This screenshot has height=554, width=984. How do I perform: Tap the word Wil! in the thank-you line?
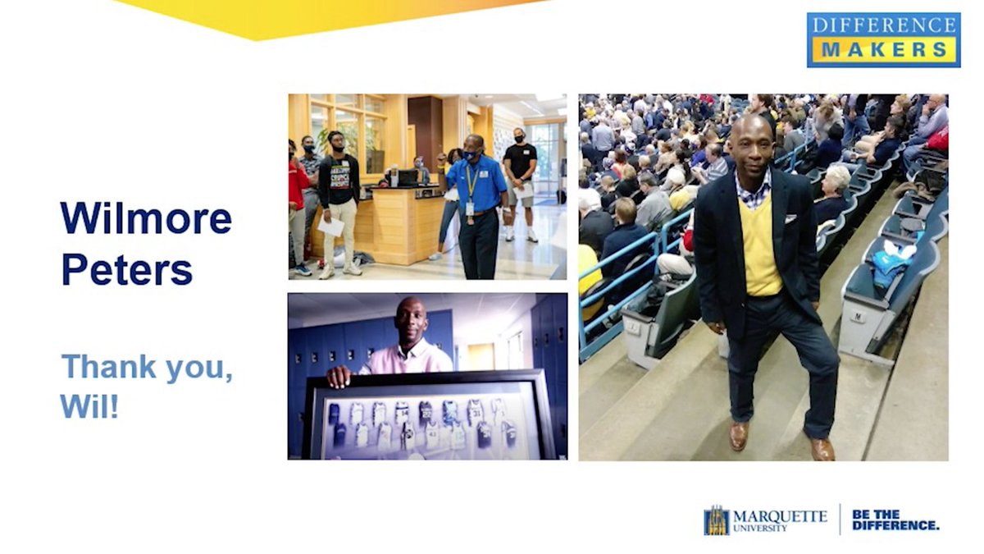pos(89,405)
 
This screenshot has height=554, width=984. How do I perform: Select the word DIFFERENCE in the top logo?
pos(883,25)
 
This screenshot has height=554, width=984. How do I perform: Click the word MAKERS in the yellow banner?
pos(883,49)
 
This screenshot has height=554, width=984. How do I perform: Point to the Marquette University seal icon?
pos(716,520)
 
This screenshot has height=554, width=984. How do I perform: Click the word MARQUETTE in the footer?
pos(780,516)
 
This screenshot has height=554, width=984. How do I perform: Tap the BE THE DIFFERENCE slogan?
pos(895,520)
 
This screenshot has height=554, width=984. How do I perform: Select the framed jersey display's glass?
pos(426,424)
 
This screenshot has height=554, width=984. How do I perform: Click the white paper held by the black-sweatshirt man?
pos(330,226)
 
